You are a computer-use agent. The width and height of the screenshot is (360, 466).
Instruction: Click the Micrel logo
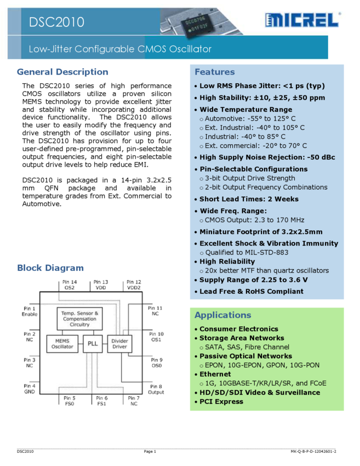(x=301, y=20)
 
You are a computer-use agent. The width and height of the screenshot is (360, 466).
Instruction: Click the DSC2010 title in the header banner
(x=57, y=22)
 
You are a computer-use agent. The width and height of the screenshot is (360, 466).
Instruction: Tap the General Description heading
(x=62, y=72)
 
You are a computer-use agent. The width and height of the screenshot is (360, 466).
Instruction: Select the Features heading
(x=214, y=72)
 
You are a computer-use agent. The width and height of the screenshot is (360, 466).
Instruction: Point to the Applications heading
(x=222, y=315)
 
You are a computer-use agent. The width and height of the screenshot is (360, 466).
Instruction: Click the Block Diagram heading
(x=50, y=268)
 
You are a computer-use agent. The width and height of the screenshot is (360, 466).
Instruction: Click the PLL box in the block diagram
(x=93, y=344)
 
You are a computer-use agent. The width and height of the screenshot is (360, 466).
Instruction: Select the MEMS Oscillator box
(x=62, y=344)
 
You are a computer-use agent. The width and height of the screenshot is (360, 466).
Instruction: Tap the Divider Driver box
(x=119, y=344)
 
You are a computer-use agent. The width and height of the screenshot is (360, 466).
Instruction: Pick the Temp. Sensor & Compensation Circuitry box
(x=79, y=319)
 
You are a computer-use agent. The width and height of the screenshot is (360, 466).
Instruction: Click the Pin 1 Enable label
(x=30, y=311)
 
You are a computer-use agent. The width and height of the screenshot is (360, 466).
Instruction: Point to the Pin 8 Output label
(x=156, y=389)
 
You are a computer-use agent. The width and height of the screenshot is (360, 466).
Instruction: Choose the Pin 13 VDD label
(x=101, y=285)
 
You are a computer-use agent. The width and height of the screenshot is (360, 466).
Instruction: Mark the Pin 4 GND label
(x=30, y=389)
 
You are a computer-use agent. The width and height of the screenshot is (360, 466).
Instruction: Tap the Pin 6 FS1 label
(x=101, y=401)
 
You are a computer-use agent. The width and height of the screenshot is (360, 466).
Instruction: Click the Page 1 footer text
(x=150, y=451)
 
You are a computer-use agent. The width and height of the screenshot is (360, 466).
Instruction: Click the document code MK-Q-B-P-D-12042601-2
(x=313, y=451)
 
